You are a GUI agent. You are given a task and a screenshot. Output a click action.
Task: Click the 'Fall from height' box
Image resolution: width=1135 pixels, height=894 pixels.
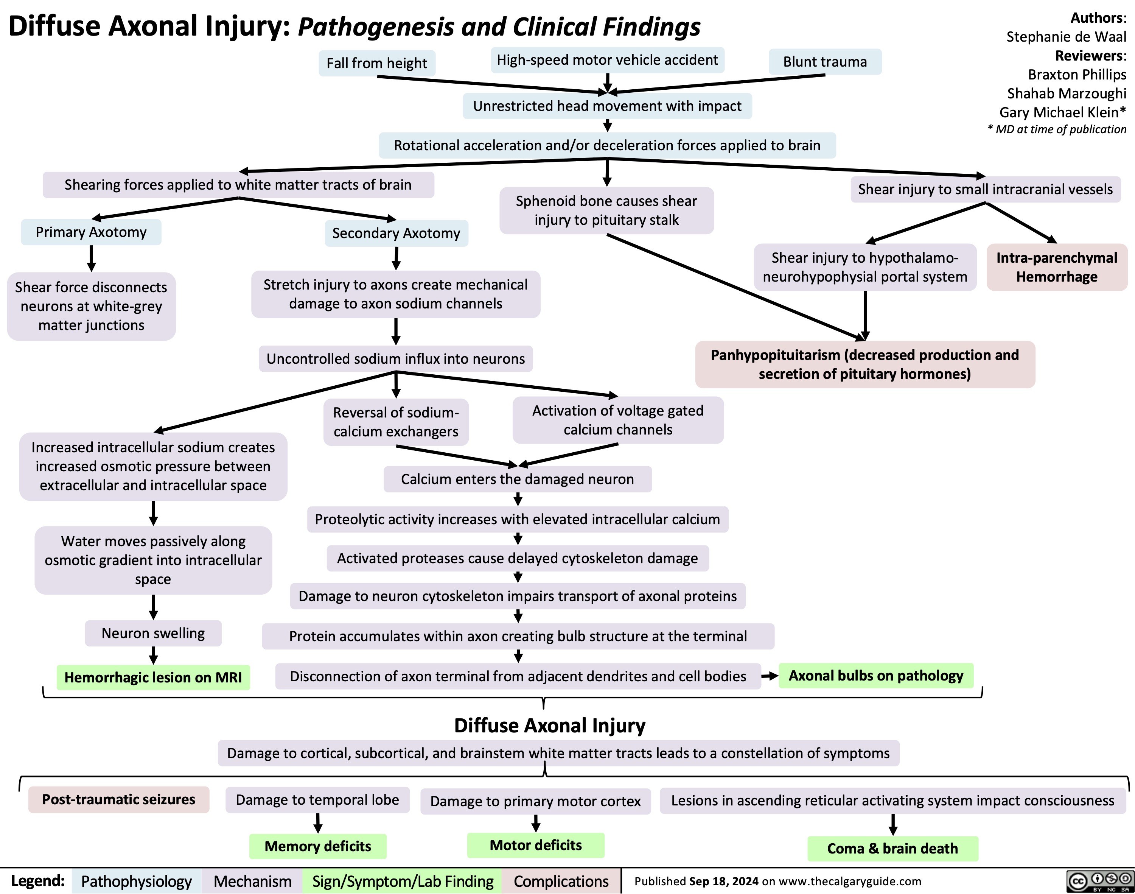point(377,63)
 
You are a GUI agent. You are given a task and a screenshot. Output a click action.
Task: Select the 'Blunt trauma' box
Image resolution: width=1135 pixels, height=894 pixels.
point(825,62)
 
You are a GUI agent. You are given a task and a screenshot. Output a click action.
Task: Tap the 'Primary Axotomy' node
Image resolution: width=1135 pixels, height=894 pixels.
point(91,232)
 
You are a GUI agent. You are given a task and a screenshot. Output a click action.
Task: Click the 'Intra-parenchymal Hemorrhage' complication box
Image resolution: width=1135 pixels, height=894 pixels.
point(1057,267)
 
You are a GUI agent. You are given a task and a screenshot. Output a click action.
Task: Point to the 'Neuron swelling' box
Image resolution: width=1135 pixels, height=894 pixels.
point(153,633)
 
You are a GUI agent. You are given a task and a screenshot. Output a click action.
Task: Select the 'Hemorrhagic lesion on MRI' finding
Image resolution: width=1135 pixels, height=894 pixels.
point(153,677)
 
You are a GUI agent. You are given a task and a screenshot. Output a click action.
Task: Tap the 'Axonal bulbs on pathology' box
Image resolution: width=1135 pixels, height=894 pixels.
point(875,676)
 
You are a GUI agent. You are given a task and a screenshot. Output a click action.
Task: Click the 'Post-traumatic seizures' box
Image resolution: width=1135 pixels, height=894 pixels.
point(119,799)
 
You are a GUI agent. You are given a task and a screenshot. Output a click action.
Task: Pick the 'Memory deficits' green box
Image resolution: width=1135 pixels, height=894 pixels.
point(318,846)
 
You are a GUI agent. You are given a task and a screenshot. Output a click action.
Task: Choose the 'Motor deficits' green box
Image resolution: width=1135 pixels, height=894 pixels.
point(535,845)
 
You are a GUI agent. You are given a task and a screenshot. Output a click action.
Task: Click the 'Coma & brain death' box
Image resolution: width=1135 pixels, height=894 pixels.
point(892,849)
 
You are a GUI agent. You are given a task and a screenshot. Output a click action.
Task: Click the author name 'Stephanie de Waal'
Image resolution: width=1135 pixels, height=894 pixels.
point(1066,37)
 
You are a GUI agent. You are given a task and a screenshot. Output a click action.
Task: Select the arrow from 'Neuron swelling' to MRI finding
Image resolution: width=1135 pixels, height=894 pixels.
point(153,655)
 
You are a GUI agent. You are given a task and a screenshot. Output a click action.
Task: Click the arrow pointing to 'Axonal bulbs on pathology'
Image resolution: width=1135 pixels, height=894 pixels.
point(769,676)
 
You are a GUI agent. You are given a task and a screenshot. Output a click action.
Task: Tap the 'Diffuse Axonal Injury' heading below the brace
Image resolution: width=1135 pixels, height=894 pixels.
point(549,726)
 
